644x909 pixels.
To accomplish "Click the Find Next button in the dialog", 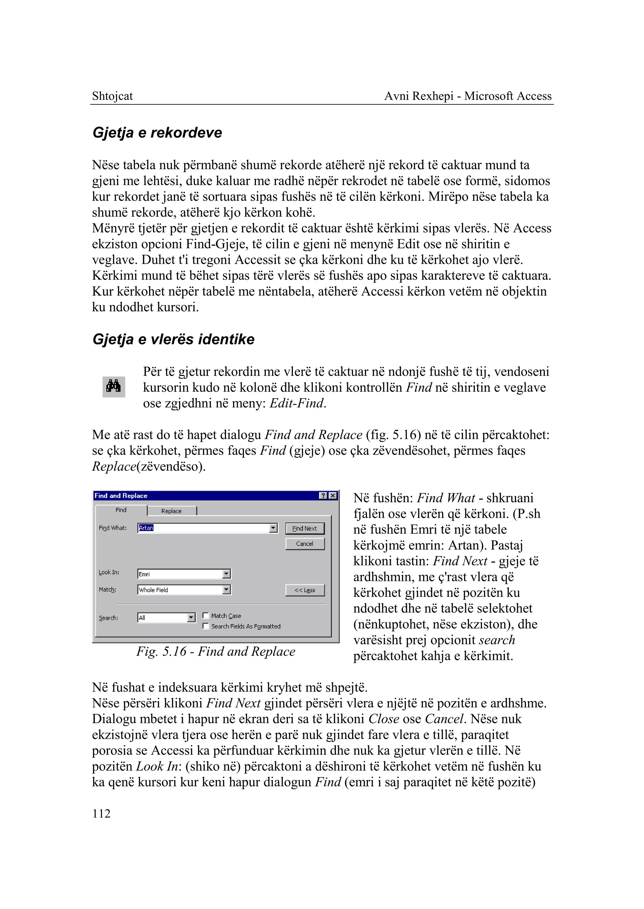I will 305,528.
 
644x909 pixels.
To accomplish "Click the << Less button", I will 305,590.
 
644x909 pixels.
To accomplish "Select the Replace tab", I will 171,511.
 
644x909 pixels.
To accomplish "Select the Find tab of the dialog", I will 121,510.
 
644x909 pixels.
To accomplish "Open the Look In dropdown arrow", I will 226,574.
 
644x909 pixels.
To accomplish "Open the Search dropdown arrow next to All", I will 191,618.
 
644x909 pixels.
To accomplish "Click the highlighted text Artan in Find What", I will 146,528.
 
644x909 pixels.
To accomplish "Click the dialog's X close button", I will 333,496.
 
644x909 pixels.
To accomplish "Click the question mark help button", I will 324,496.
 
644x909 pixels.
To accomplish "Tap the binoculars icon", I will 114,387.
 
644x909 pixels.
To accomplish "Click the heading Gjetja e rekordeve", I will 157,132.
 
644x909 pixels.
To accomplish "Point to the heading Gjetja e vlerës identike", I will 173,339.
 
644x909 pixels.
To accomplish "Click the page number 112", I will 101,814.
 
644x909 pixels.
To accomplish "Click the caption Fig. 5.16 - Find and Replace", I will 216,652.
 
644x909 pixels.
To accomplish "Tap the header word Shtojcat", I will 112,96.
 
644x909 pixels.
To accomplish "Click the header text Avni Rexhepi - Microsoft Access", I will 468,96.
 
